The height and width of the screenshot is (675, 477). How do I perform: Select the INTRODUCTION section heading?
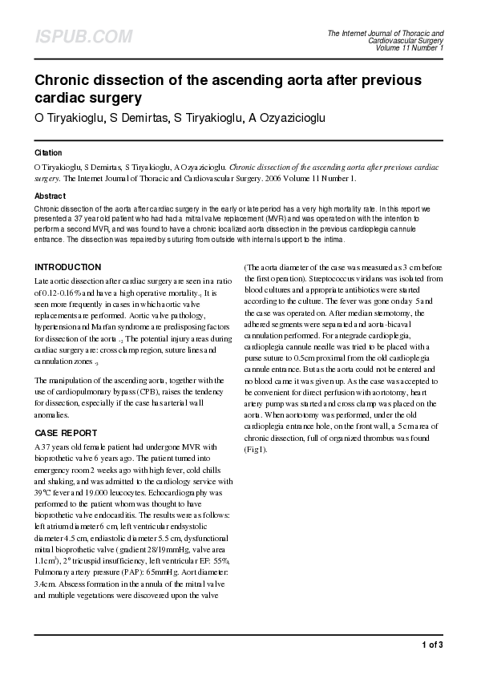(67, 267)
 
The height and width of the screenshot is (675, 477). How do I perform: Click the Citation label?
(48, 152)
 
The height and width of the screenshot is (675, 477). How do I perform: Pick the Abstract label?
(50, 196)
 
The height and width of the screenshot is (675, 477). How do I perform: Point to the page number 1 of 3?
(432, 645)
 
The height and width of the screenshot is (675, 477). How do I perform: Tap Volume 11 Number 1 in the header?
(409, 47)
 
